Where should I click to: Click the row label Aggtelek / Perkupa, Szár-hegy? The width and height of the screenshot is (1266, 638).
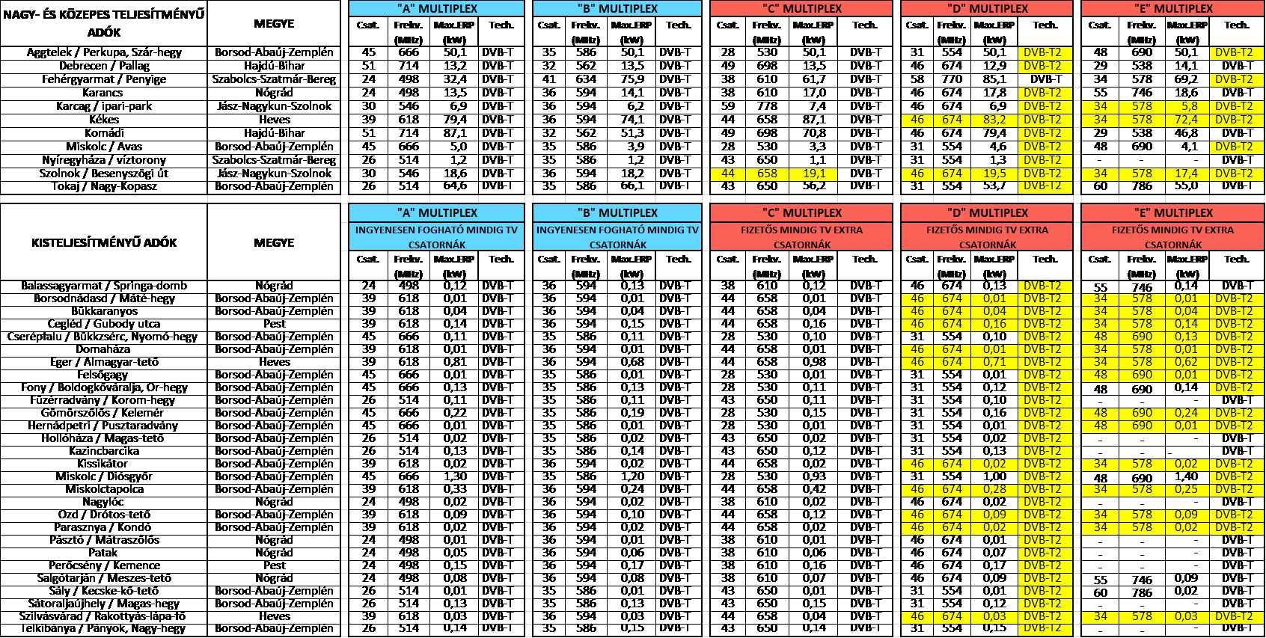pyautogui.click(x=104, y=52)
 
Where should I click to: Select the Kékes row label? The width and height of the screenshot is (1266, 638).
pyautogui.click(x=104, y=120)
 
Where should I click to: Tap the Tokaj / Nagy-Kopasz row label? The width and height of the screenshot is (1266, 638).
pyautogui.click(x=104, y=186)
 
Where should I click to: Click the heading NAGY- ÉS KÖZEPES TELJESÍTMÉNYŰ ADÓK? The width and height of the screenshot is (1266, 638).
pyautogui.click(x=104, y=23)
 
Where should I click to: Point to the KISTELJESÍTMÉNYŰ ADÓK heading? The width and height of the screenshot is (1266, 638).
pyautogui.click(x=104, y=242)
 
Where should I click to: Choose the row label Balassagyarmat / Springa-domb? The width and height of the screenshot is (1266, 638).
pyautogui.click(x=104, y=286)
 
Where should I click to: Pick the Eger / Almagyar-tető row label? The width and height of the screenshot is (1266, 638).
pyautogui.click(x=104, y=362)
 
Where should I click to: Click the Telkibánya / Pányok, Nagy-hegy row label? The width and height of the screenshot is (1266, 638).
pyautogui.click(x=104, y=628)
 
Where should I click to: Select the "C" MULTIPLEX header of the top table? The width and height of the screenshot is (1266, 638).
pyautogui.click(x=801, y=9)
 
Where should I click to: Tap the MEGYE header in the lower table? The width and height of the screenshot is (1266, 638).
pyautogui.click(x=274, y=242)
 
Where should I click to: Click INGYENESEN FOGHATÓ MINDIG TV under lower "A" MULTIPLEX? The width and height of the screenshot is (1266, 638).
pyautogui.click(x=436, y=230)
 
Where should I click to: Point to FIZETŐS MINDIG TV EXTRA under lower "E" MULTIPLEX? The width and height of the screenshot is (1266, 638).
pyautogui.click(x=1172, y=230)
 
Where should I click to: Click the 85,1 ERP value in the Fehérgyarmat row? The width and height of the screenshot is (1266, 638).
pyautogui.click(x=994, y=79)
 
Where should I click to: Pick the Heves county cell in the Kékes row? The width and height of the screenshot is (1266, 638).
pyautogui.click(x=274, y=120)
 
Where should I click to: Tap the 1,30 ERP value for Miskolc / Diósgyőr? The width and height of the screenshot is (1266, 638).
pyautogui.click(x=454, y=476)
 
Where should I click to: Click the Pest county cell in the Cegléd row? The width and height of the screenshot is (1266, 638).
pyautogui.click(x=274, y=324)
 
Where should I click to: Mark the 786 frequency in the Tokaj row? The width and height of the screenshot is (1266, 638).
pyautogui.click(x=1142, y=186)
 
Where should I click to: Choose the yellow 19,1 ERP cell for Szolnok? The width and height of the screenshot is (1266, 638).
pyautogui.click(x=814, y=174)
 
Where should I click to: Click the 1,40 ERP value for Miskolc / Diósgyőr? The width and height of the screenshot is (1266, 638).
pyautogui.click(x=1186, y=476)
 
